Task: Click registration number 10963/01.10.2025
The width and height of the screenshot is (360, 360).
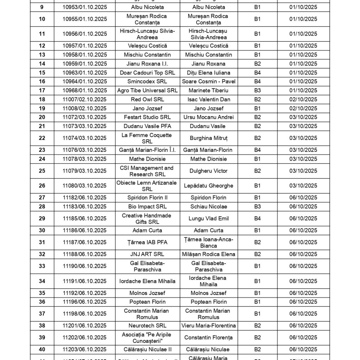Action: tap(84, 73)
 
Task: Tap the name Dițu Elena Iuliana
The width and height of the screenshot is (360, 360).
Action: tap(208, 73)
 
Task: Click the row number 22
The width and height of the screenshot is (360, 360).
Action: tap(42, 138)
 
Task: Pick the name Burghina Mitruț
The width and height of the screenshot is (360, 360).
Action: tap(208, 138)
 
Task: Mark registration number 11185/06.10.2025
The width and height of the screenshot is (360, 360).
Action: tap(84, 219)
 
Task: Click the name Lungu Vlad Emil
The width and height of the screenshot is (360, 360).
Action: tap(208, 219)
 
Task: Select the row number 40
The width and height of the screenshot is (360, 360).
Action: tap(42, 349)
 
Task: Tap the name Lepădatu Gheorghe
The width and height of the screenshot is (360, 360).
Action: tap(208, 186)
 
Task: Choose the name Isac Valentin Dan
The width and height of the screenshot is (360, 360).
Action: tap(208, 99)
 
